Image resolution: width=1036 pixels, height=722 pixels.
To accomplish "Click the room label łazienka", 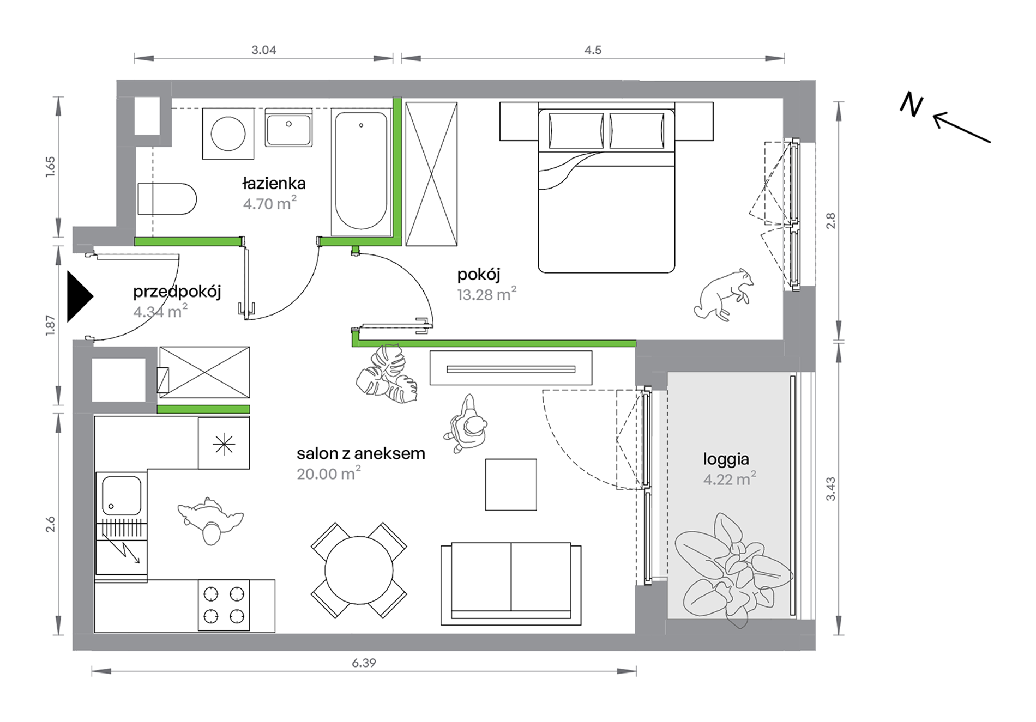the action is pyautogui.click(x=274, y=183).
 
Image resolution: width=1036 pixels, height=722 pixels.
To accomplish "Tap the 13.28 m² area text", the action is pyautogui.click(x=486, y=294).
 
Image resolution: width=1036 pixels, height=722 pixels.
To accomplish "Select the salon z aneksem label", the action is pyautogui.click(x=361, y=453).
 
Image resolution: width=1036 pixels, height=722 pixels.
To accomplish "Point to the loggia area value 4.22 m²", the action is pyautogui.click(x=729, y=479).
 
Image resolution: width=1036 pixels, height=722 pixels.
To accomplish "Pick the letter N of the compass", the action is pyautogui.click(x=911, y=104).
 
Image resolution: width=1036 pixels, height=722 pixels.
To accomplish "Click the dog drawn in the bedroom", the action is pyautogui.click(x=724, y=294).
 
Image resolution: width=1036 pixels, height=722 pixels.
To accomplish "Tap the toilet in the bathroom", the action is pyautogui.click(x=167, y=199).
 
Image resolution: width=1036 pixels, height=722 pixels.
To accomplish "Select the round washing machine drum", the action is pyautogui.click(x=228, y=134).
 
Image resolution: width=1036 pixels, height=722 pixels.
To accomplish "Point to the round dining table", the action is pyautogui.click(x=359, y=571).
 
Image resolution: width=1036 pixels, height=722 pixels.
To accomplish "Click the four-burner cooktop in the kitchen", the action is pyautogui.click(x=224, y=605).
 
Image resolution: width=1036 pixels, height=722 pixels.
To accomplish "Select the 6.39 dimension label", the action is pyautogui.click(x=364, y=663).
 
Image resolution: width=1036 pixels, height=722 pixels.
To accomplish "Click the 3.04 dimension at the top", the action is pyautogui.click(x=264, y=50).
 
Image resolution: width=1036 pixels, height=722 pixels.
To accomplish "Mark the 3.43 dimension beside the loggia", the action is pyautogui.click(x=830, y=489).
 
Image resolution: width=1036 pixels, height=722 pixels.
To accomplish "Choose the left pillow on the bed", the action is pyautogui.click(x=576, y=130).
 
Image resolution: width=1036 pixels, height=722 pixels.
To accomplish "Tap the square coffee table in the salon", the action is pyautogui.click(x=511, y=484).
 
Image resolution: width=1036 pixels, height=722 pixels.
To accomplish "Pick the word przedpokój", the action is pyautogui.click(x=177, y=292).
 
